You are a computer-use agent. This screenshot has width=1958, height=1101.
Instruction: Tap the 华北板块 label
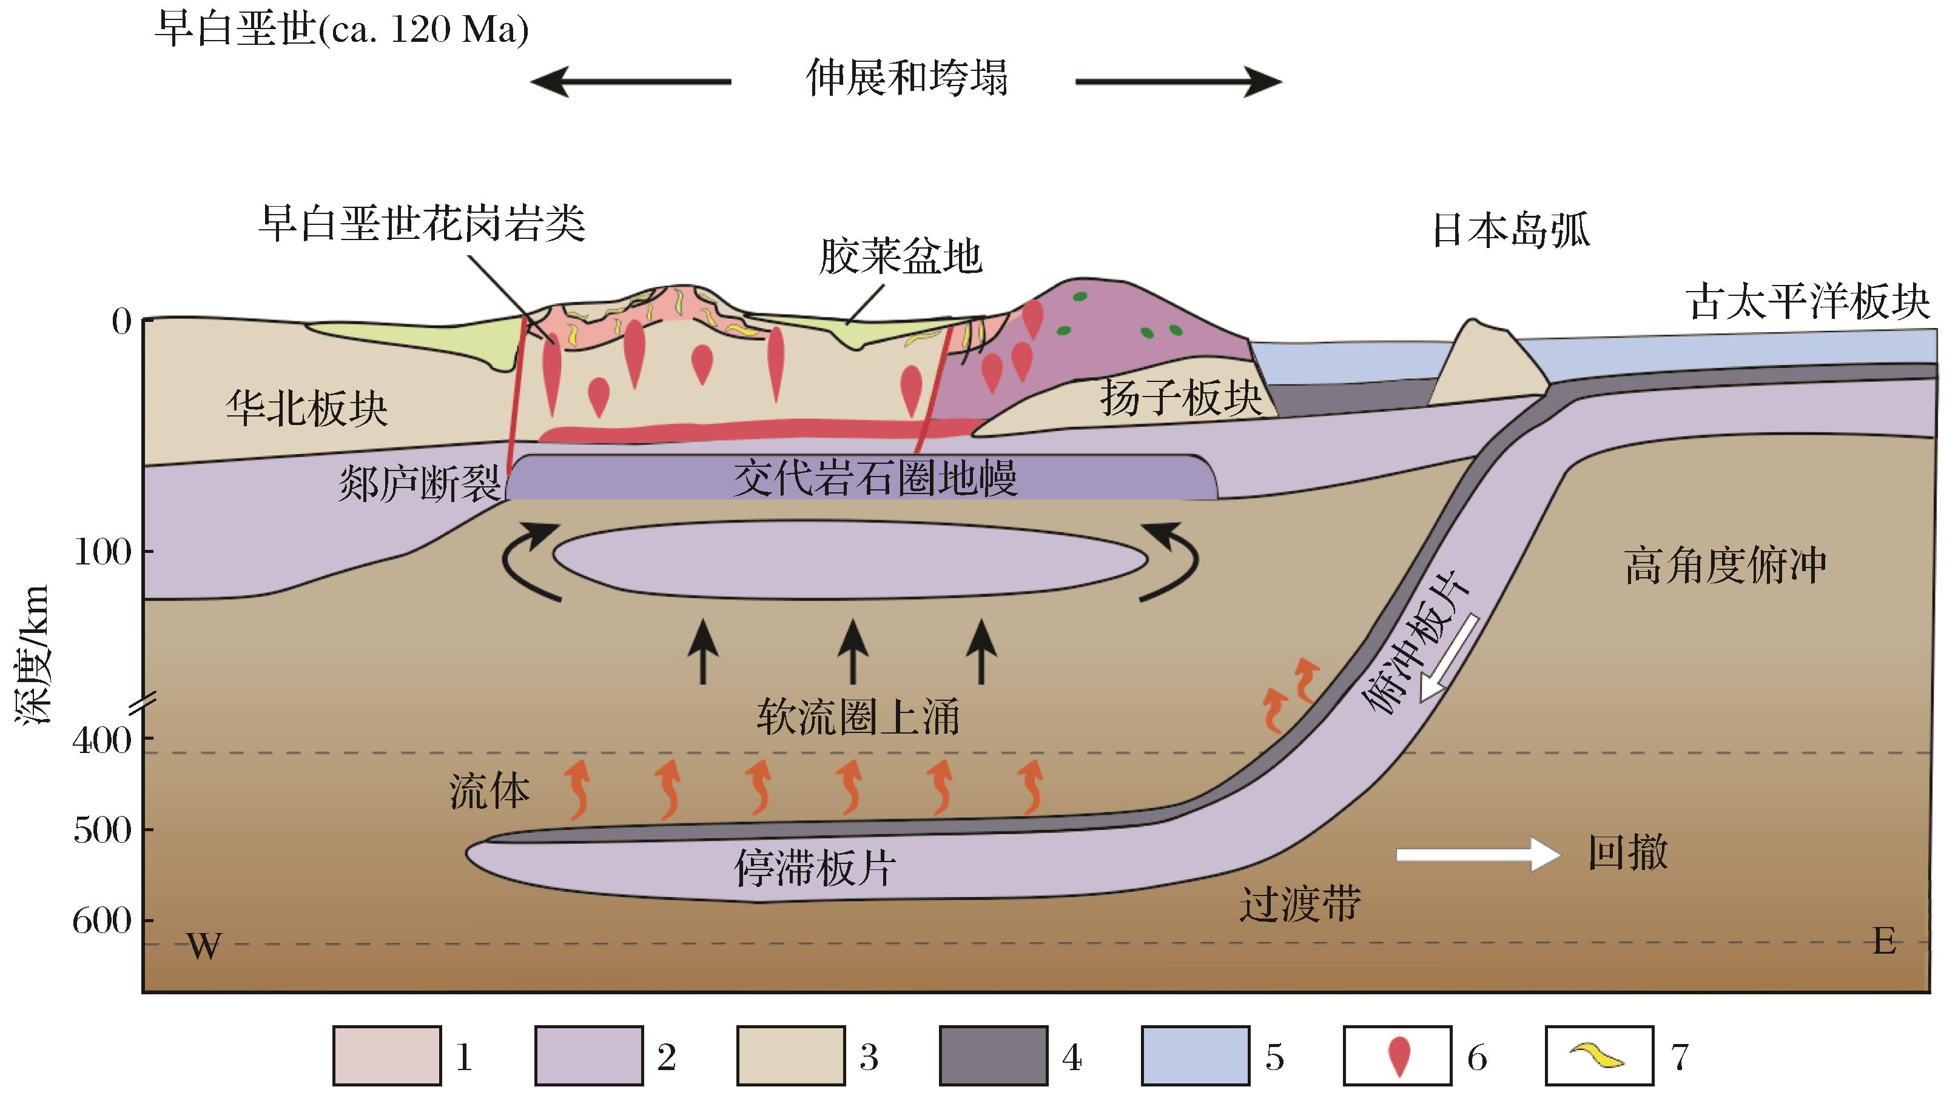306,408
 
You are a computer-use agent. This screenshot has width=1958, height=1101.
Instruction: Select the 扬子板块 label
1180,397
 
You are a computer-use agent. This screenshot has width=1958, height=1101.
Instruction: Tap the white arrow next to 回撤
1477,854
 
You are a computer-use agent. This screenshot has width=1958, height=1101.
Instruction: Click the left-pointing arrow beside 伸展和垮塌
630,81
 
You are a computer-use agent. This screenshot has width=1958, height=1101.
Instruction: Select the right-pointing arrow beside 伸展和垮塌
1178,81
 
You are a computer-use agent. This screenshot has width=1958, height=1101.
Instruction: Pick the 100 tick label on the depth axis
103,552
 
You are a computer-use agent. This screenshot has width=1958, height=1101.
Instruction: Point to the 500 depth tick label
103,831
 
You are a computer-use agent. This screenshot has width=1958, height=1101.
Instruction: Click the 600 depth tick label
103,922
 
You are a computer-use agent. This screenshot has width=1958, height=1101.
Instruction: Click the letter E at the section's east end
1884,942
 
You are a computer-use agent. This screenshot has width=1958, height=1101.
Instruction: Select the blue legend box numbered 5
1195,1056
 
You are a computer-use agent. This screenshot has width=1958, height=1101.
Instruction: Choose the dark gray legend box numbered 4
993,1056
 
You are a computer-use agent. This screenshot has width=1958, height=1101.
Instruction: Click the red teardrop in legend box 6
1399,1056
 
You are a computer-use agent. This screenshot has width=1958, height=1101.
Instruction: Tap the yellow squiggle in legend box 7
1598,1056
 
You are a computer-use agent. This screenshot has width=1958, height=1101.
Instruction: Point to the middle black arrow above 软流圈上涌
852,651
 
